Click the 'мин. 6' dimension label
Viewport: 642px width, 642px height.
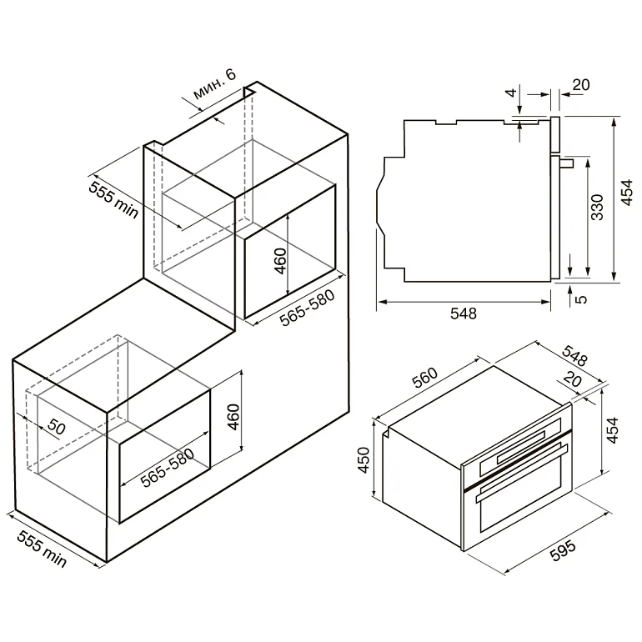point(215,85)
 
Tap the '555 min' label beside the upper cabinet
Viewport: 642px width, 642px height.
point(114,199)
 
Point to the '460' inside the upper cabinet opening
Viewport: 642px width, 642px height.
point(280,261)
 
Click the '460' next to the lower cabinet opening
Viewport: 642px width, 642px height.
point(233,416)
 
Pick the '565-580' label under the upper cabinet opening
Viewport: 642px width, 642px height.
point(308,308)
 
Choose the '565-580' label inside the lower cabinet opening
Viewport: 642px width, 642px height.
point(168,468)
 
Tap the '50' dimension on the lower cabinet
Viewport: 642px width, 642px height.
point(57,427)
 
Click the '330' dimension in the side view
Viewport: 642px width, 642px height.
point(597,207)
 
